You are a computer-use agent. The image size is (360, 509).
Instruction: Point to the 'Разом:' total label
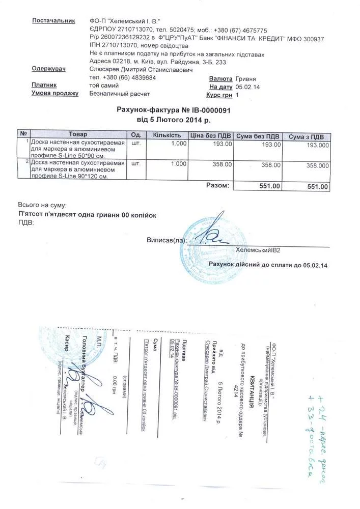point(217,185)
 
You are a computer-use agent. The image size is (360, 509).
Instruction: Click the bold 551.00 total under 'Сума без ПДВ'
point(270,187)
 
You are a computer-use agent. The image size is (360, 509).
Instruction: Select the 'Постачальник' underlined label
point(54,21)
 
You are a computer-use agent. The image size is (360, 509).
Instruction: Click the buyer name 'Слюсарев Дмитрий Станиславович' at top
point(141,69)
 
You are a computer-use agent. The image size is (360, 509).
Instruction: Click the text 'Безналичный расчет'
point(120,94)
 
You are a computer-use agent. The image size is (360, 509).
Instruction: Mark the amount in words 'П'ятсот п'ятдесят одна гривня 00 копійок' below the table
point(87,215)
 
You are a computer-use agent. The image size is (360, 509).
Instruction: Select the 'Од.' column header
point(136,135)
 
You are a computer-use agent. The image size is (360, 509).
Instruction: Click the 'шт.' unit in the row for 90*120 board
point(136,164)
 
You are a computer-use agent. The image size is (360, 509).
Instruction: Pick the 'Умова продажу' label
point(55,94)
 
